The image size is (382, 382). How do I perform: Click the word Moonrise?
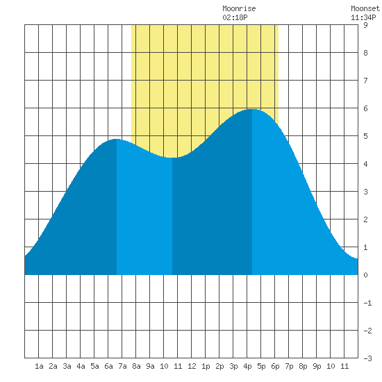click(x=239, y=9)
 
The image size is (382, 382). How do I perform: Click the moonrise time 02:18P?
click(x=235, y=17)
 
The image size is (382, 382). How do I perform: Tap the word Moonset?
click(x=365, y=9)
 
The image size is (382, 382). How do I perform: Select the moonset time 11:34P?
click(x=363, y=17)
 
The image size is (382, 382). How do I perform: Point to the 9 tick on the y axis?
click(x=365, y=25)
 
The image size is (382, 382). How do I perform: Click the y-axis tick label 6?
click(x=365, y=108)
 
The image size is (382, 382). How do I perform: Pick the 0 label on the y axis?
click(x=365, y=275)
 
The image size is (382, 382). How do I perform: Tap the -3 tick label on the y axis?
click(x=367, y=358)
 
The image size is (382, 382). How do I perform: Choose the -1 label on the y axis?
click(x=367, y=303)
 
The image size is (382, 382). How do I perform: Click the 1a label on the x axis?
click(x=39, y=366)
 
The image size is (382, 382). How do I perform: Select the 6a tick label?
click(x=108, y=366)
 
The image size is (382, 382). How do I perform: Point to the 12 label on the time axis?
click(x=192, y=366)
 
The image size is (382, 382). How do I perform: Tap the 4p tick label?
click(x=247, y=366)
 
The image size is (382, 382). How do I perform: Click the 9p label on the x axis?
click(x=317, y=366)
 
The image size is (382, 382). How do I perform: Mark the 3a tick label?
click(x=67, y=366)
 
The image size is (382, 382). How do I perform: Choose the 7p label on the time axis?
click(x=289, y=366)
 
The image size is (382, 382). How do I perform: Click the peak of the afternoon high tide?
click(x=252, y=109)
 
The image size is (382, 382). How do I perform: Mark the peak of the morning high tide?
click(x=117, y=139)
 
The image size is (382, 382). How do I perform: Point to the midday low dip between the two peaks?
click(x=172, y=158)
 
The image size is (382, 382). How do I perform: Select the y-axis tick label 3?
click(x=365, y=192)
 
